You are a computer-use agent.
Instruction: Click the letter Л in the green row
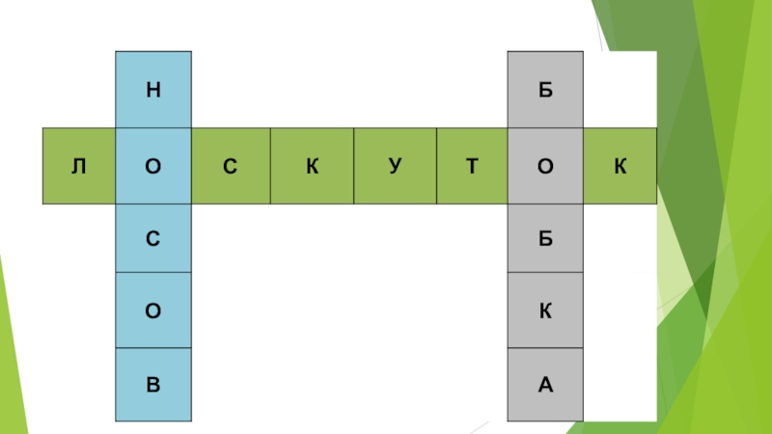click(78, 167)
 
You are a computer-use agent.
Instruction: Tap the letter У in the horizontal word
click(395, 167)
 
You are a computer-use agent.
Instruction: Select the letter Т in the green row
click(472, 167)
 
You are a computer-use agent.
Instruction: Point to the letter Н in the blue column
click(153, 91)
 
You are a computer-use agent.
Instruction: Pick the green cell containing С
click(230, 167)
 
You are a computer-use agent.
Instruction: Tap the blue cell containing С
click(153, 238)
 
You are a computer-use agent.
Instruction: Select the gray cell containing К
click(546, 312)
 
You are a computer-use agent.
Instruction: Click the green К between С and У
click(312, 167)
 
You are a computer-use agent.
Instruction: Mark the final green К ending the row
click(620, 167)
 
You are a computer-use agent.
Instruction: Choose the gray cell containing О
click(546, 167)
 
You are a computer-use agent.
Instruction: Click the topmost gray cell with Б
click(546, 91)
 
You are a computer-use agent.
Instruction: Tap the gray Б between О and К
click(546, 238)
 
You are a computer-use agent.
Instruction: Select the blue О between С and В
click(153, 312)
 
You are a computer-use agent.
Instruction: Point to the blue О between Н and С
click(153, 167)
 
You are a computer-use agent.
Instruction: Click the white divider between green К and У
click(353, 167)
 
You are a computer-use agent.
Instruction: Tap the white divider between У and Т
click(435, 167)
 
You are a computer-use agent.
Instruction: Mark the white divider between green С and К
click(270, 167)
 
